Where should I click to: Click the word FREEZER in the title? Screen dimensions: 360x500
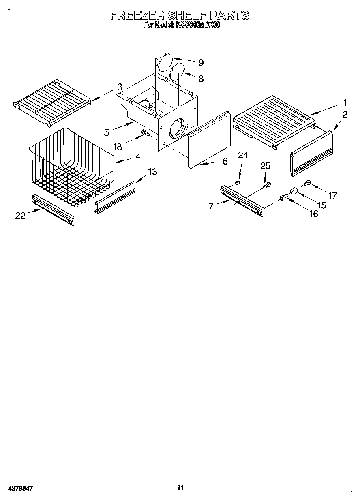137,15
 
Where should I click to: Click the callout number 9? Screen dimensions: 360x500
201,62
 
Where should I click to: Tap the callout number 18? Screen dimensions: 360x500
117,147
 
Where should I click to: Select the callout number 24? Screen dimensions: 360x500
243,154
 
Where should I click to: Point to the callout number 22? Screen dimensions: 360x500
20,216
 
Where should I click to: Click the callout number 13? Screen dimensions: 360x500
152,172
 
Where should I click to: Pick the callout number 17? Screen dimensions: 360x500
332,196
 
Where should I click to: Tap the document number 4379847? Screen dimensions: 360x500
19,489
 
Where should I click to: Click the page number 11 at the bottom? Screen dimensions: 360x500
180,488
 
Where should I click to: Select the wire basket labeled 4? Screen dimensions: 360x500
71,168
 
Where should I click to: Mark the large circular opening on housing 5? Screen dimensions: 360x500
177,129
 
